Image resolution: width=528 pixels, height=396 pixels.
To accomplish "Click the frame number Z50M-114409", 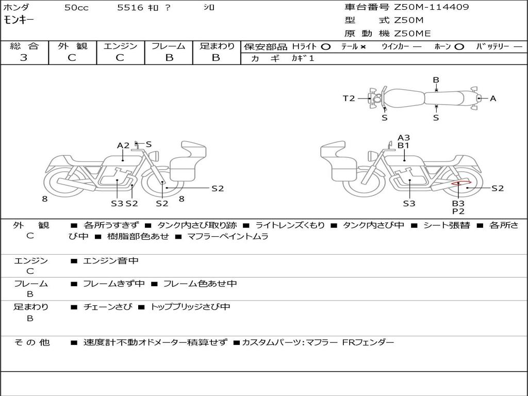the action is pos(432,7).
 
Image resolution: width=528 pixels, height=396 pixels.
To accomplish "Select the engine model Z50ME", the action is pos(412,34).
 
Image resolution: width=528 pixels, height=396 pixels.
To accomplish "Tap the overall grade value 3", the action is pos(24,58).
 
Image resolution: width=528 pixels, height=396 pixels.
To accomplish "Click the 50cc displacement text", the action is pos(76,8).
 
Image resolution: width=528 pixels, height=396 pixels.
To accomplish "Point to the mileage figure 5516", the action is pos(130,8).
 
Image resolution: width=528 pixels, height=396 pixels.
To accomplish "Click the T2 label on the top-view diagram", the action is pos(349,98).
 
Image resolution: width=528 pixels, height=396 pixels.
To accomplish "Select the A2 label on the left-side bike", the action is pos(123,145).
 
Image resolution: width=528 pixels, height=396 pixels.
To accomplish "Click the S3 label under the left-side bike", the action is pos(117,203).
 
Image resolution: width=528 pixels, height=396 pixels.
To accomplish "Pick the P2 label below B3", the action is pos(458,211).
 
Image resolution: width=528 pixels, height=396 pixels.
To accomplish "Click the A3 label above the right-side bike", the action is pos(404,138).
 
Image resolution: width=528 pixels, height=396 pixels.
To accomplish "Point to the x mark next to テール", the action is pos(363,47).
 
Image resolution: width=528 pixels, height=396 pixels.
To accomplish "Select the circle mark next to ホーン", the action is pos(459,47).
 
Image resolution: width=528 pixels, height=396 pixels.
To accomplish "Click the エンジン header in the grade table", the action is pos(120,46).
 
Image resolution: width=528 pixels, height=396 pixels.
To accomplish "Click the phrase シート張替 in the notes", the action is pos(447,225).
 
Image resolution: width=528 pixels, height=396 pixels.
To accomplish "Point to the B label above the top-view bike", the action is pos(436,80).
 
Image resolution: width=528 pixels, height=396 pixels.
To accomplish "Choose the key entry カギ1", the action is pos(303,58).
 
